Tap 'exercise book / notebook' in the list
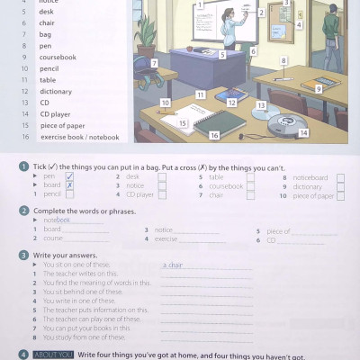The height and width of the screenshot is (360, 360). tap(80, 138)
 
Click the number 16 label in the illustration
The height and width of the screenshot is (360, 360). tap(214, 135)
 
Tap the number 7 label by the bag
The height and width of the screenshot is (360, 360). tap(155, 63)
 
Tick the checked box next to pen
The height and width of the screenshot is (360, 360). tap(69, 177)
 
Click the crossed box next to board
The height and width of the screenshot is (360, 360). tap(69, 186)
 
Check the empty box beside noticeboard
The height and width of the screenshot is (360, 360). tap(340, 178)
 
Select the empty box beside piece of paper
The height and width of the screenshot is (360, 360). tap(340, 195)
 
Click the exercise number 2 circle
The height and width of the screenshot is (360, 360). tap(23, 210)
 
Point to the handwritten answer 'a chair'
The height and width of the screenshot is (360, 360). tap(173, 265)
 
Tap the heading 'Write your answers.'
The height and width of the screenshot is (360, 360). tap(62, 255)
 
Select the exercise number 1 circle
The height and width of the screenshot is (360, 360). tap(23, 168)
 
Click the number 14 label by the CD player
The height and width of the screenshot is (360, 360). tap(303, 132)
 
